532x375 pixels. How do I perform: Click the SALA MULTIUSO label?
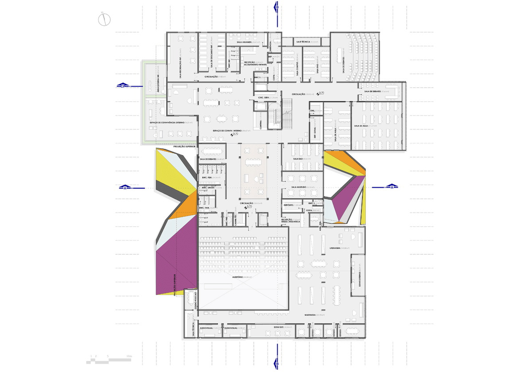[x=301, y=187]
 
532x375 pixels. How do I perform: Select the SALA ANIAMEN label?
[x=244, y=42]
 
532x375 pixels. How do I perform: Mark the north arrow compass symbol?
[x=105, y=19]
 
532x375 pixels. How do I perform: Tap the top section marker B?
[x=277, y=7]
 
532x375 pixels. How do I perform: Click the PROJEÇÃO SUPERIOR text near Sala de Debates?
[x=184, y=146]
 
